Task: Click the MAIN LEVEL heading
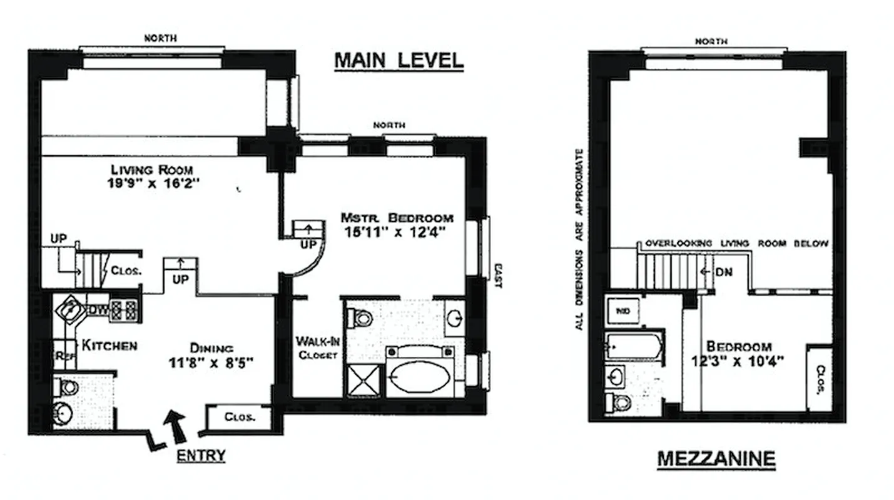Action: click(x=399, y=60)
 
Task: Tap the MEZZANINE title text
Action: click(x=716, y=459)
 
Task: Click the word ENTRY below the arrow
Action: click(x=200, y=456)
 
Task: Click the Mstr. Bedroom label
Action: click(x=397, y=218)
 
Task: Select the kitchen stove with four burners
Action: click(x=124, y=310)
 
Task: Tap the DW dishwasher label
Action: click(x=98, y=308)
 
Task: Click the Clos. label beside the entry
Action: click(x=239, y=417)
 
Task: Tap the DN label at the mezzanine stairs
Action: click(x=723, y=272)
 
